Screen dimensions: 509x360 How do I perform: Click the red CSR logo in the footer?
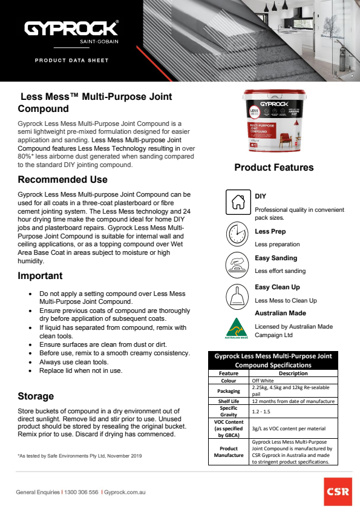point(337,491)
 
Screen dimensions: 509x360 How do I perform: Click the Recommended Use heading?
point(62,180)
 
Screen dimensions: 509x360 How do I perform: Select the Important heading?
point(40,276)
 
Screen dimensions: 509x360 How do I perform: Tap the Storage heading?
point(36,396)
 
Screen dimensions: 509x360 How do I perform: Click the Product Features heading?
point(273,168)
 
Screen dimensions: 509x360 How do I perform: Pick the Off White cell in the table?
point(263,381)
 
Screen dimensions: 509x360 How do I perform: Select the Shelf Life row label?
point(229,401)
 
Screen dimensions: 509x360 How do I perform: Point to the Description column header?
point(293,373)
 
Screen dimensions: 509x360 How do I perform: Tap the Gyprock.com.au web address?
point(126,493)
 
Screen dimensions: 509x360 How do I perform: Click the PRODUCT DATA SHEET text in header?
point(71,61)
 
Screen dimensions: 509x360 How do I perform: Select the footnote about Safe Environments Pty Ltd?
point(79,456)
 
